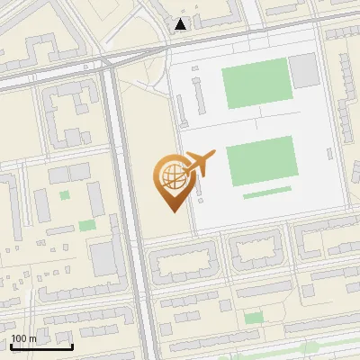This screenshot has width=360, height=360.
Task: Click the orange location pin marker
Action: [x=174, y=181]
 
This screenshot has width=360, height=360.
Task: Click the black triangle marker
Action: [x=182, y=25]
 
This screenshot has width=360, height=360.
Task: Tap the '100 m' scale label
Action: [x=23, y=338]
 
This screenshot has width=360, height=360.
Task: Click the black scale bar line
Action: [x=41, y=346]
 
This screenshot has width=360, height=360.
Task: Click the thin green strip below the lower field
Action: [x=266, y=192]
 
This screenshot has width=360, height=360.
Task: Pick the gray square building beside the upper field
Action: [x=303, y=70]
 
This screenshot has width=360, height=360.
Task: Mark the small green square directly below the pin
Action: [x=254, y=317]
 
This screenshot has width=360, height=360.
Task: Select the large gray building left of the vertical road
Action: [x=103, y=257]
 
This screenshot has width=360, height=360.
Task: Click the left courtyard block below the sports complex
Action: [x=184, y=261]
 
